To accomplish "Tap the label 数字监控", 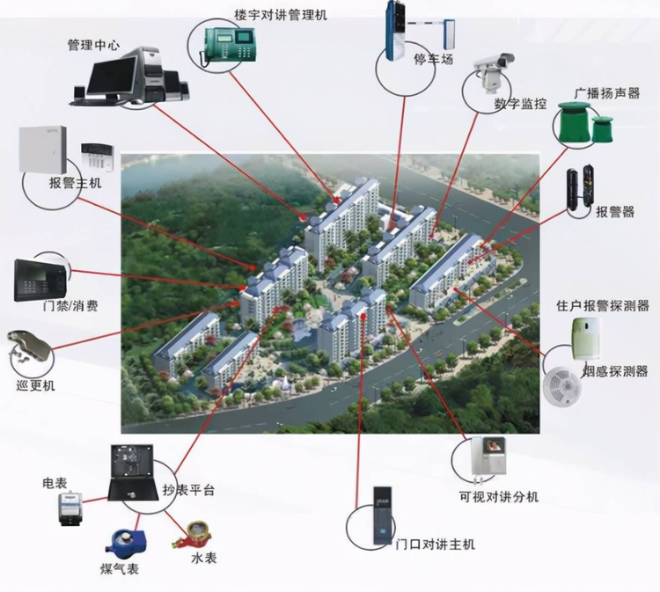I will pos(520,104).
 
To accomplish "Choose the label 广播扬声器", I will pos(607,92).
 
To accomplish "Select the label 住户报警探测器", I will pos(603,306).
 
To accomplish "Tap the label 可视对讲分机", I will pos(499,497).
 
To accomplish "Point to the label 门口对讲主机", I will pos(436,544).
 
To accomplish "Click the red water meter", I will pos(188,533).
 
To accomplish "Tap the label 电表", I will pos(55,483).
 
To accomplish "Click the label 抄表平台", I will pos(189,490).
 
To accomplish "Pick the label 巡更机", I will pos(37,386).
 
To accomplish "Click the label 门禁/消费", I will pos(70,307).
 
